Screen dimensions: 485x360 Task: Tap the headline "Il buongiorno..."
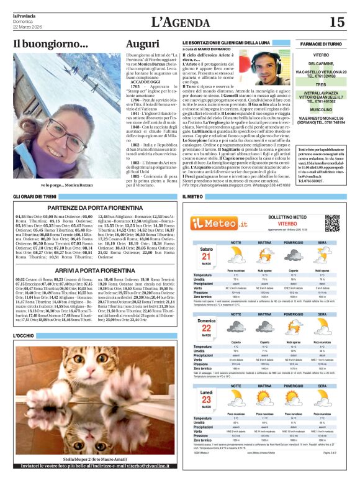click(x=51, y=44)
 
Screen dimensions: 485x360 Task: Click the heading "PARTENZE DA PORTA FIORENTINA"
click(x=91, y=208)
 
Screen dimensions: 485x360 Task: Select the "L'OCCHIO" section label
click(x=23, y=336)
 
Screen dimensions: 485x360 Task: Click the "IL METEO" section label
click(x=193, y=197)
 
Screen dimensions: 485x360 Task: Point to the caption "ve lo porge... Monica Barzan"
click(x=66, y=185)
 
